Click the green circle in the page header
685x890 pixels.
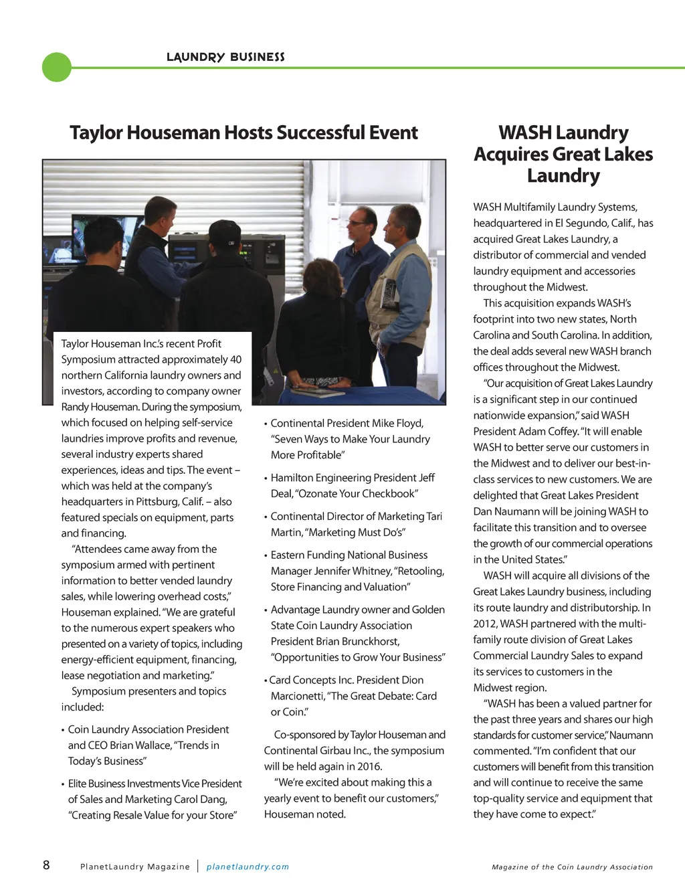coord(57,67)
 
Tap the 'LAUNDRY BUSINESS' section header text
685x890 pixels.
coord(225,58)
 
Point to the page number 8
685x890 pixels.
coord(46,865)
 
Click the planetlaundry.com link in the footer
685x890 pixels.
coord(248,867)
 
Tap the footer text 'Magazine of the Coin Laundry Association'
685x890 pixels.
coord(572,867)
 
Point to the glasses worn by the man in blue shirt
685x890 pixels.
coord(357,222)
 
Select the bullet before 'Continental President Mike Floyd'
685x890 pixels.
coord(266,424)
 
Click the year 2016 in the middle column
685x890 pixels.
coord(369,766)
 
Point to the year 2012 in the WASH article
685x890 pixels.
coord(486,624)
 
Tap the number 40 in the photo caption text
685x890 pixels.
coord(235,359)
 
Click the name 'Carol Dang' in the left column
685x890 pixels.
coord(200,799)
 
